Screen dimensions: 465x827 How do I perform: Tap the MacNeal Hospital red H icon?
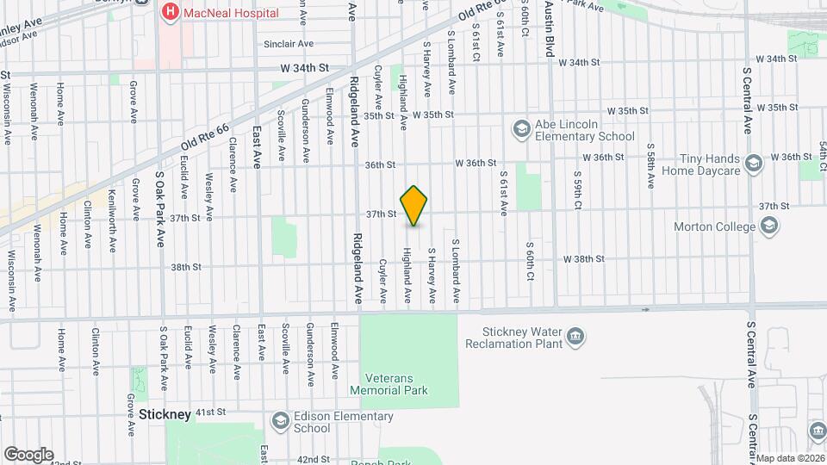tap(170, 12)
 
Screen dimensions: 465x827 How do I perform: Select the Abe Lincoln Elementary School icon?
tap(521, 129)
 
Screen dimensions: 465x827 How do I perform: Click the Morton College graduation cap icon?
tap(769, 226)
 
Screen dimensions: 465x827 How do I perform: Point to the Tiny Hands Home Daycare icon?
tap(754, 164)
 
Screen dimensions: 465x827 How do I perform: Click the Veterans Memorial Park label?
tap(389, 384)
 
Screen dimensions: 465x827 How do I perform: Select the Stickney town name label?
tap(165, 415)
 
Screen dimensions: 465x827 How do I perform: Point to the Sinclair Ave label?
tap(289, 44)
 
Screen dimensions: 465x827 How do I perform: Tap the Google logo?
tap(28, 454)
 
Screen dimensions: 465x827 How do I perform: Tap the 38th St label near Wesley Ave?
tap(185, 267)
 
